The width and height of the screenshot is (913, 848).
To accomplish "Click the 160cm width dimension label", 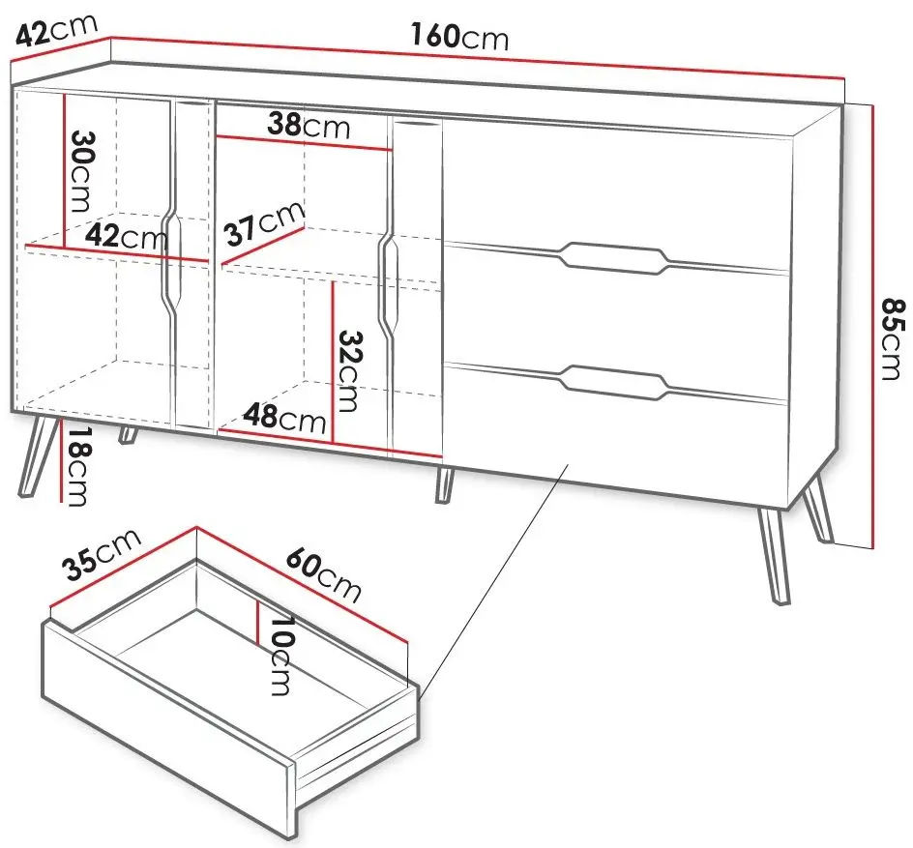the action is click(459, 36).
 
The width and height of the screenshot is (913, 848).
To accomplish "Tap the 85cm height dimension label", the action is click(893, 338).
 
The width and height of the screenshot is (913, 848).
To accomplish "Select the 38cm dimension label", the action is click(309, 126).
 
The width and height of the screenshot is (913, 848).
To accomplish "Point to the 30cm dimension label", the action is click(82, 171).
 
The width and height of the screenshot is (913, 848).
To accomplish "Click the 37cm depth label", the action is click(265, 223).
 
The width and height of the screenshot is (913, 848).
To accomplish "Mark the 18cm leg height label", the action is click(76, 466).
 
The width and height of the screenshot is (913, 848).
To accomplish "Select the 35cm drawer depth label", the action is click(103, 554).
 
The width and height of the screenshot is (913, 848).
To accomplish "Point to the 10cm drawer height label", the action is click(281, 656).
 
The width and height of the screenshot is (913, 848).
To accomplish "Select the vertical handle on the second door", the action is click(389, 287).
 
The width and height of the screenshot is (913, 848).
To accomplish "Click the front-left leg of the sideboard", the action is click(38, 455).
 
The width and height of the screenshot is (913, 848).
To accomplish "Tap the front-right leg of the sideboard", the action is click(774, 557).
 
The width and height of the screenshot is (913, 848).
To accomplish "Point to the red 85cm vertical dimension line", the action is click(872, 327).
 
